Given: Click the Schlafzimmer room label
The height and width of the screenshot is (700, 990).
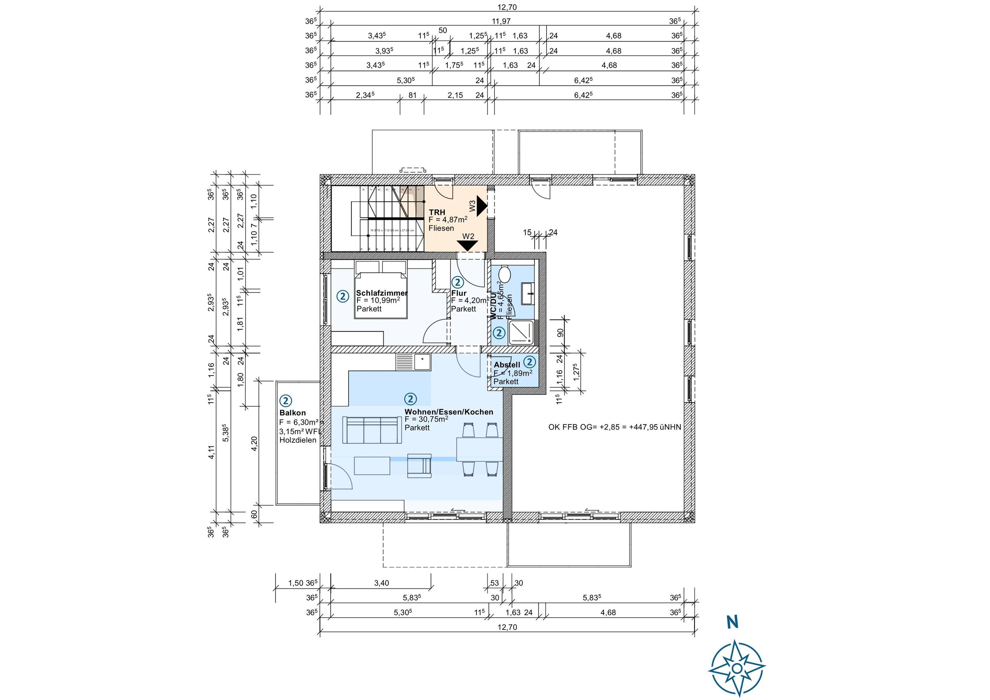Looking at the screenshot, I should tap(382, 293).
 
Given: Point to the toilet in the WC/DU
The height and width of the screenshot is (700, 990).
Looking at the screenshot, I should tap(504, 274).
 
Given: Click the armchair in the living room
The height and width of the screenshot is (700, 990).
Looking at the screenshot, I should tap(419, 465).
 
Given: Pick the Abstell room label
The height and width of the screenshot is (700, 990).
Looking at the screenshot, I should tap(507, 365).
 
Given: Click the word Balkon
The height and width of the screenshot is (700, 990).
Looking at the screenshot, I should tap(292, 413).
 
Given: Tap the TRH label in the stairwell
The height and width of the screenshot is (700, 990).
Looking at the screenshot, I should tap(437, 212).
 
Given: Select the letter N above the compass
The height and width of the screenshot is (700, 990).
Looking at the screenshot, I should tap(732, 622).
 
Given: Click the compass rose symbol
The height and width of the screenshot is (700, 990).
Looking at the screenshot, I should tap(737, 668).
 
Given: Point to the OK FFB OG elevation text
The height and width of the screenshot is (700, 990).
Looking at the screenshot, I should tap(614, 427).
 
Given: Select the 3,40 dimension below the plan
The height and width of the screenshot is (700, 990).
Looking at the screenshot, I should tap(381, 583).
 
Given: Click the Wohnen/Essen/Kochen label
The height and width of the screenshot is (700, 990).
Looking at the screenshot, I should tap(448, 412).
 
